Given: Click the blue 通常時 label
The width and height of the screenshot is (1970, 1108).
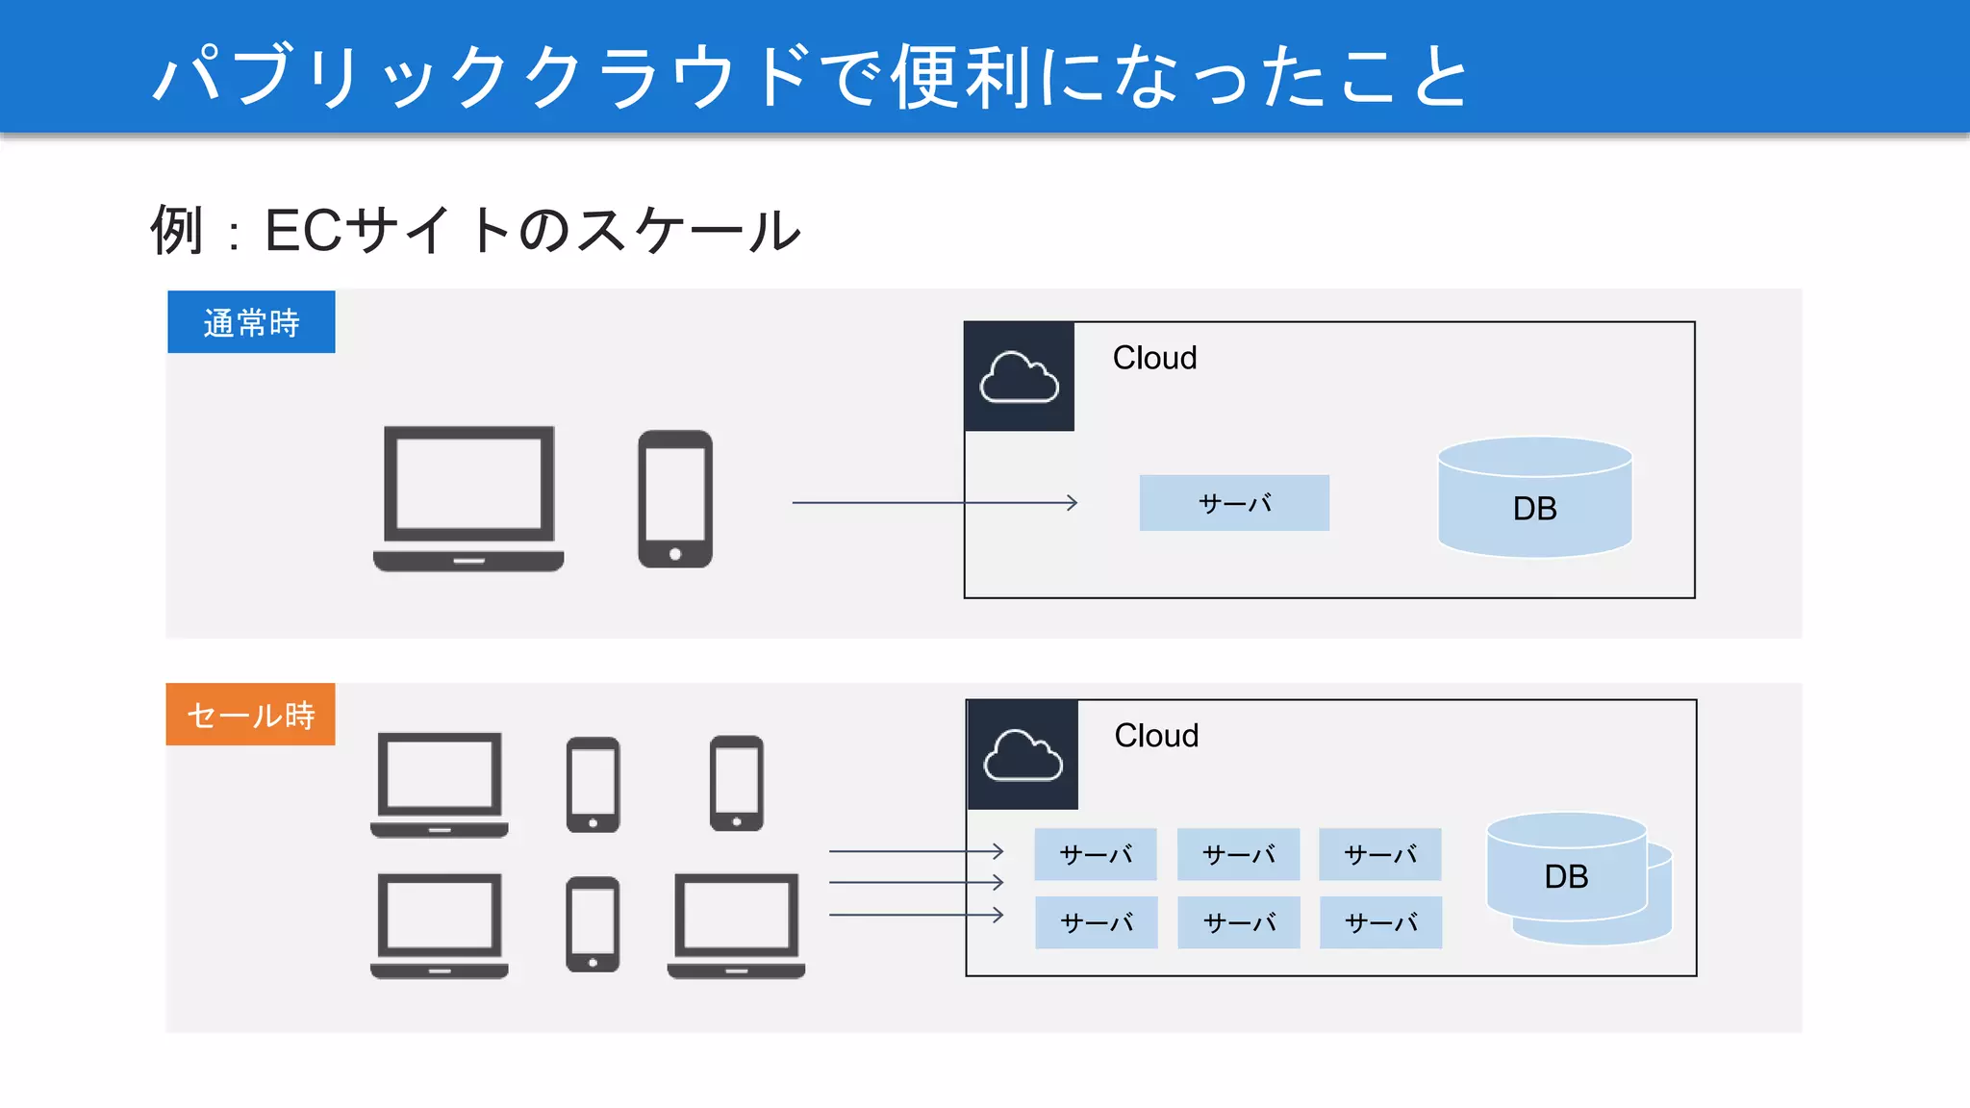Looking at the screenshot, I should pos(251,322).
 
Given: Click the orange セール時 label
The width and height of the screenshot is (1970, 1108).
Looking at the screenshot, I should pos(250,715).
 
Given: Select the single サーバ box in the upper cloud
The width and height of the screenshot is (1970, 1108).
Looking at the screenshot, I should pos(1234,503).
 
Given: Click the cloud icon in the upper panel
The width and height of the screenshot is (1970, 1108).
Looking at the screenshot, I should pos(1019,377).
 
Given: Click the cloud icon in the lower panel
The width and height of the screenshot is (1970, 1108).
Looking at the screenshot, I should pos(1023,755).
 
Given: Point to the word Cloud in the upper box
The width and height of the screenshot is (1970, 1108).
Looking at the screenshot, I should pos(1154,358).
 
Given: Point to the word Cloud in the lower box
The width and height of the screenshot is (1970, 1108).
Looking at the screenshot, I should pos(1156,736).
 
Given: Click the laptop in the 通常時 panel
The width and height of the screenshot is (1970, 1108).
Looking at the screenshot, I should pos(468,498).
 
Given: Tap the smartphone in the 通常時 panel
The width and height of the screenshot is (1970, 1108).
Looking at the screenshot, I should pos(675,498).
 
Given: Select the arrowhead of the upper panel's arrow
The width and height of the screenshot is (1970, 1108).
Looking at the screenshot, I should pos(1073,502).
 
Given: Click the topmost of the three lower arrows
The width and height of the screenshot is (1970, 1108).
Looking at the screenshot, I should pos(914,851).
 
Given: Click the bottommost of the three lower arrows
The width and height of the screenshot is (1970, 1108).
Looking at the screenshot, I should pos(914,915).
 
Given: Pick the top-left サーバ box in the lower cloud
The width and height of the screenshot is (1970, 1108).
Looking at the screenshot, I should pos(1096,854).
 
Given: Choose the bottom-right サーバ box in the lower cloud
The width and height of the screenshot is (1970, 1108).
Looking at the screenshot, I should pos(1380,922).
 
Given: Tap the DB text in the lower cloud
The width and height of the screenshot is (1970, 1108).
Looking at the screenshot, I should pos(1566,876).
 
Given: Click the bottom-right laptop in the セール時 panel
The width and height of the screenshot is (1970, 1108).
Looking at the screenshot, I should pos(736,925).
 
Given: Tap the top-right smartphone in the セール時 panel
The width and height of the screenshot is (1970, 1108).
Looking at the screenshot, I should pos(737,783).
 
